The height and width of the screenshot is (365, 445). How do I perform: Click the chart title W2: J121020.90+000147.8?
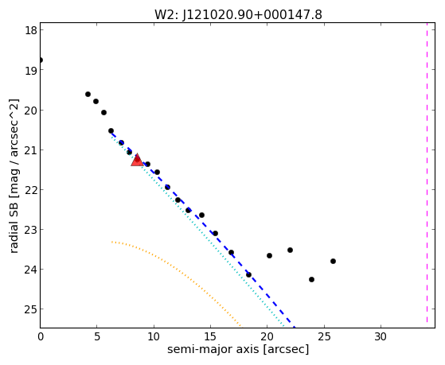[238, 15]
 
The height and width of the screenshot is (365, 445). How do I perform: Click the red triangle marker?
[138, 160]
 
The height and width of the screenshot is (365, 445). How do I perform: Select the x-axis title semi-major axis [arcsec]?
[238, 349]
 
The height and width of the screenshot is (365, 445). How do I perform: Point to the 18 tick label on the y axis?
[31, 30]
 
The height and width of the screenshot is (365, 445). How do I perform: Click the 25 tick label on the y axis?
[31, 309]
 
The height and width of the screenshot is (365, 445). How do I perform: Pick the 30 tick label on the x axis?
[381, 336]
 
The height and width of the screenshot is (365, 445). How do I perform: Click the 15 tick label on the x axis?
[210, 336]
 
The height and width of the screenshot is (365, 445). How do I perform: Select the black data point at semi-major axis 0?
[41, 60]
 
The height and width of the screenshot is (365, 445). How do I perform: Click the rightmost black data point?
[334, 261]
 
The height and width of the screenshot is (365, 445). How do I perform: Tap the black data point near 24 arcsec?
[311, 280]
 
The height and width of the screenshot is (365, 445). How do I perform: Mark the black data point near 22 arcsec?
[290, 250]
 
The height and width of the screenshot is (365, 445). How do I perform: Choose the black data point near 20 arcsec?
[270, 256]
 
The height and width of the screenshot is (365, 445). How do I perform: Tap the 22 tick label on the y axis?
[31, 190]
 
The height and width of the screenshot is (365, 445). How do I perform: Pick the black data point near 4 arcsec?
[88, 94]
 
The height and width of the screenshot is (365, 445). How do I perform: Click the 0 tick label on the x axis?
[41, 336]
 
